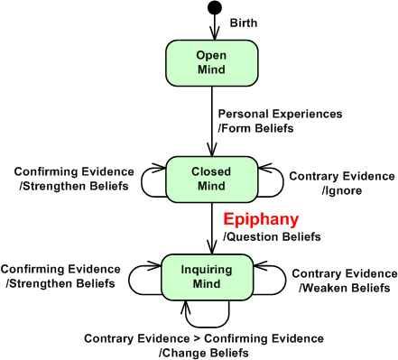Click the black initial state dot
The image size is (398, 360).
pyautogui.click(x=214, y=9)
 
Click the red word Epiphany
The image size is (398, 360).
pyautogui.click(x=260, y=219)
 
